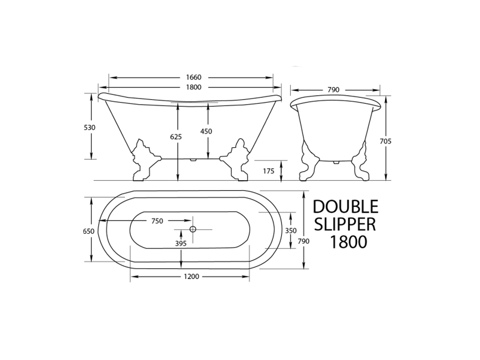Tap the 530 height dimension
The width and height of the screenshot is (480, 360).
pyautogui.click(x=89, y=128)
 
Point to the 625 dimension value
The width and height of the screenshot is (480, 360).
pyautogui.click(x=176, y=136)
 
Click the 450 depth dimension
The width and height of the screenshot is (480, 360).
pyautogui.click(x=206, y=131)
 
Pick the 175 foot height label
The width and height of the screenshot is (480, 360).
pyautogui.click(x=269, y=171)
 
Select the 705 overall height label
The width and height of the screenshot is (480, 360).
pyautogui.click(x=385, y=141)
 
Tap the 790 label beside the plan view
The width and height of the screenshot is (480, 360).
pyautogui.click(x=304, y=241)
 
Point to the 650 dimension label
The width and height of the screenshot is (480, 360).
pyautogui.click(x=88, y=231)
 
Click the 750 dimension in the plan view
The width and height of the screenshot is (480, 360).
pyautogui.click(x=157, y=221)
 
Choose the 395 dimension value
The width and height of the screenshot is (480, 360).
pyautogui.click(x=181, y=243)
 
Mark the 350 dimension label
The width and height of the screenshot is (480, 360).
pyautogui.click(x=291, y=231)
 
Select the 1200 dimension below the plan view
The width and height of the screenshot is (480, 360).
pyautogui.click(x=190, y=277)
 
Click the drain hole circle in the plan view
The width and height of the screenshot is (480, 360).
pyautogui.click(x=192, y=229)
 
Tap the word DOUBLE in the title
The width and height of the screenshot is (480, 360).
pyautogui.click(x=345, y=207)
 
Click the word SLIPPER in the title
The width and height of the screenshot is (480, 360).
pyautogui.click(x=345, y=224)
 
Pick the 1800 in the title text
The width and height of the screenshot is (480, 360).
pyautogui.click(x=348, y=242)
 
